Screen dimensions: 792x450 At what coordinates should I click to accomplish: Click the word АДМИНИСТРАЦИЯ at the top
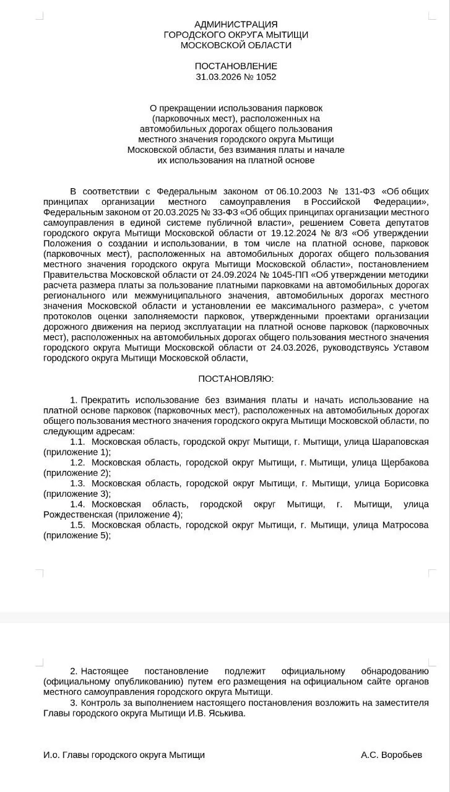(x=236, y=24)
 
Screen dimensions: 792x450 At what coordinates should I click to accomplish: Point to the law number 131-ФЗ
(x=358, y=191)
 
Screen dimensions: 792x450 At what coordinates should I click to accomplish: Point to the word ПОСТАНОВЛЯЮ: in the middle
(x=236, y=378)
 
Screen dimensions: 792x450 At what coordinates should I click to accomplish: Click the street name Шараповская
(x=400, y=442)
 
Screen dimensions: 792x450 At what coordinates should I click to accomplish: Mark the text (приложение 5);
(x=77, y=535)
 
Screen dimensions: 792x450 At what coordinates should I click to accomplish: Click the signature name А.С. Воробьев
(x=392, y=755)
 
